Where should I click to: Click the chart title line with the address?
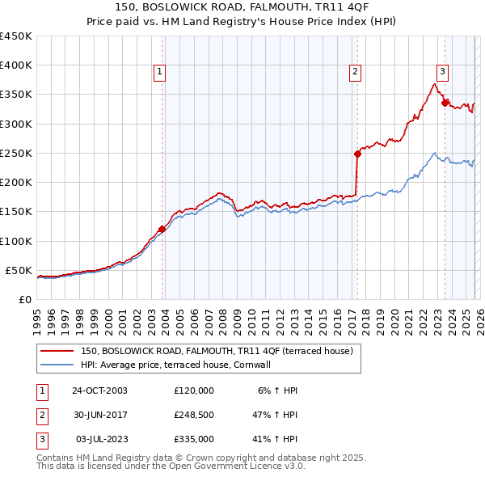pos(242,7)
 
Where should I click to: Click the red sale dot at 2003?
pos(162,229)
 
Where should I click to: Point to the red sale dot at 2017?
pos(356,153)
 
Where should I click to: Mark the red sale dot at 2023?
pos(444,103)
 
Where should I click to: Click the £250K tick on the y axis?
pos(15,153)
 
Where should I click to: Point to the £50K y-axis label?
pos(19,270)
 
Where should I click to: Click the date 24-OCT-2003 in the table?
pos(99,390)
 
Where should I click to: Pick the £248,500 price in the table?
pos(194,415)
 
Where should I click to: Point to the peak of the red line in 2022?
pos(435,83)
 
